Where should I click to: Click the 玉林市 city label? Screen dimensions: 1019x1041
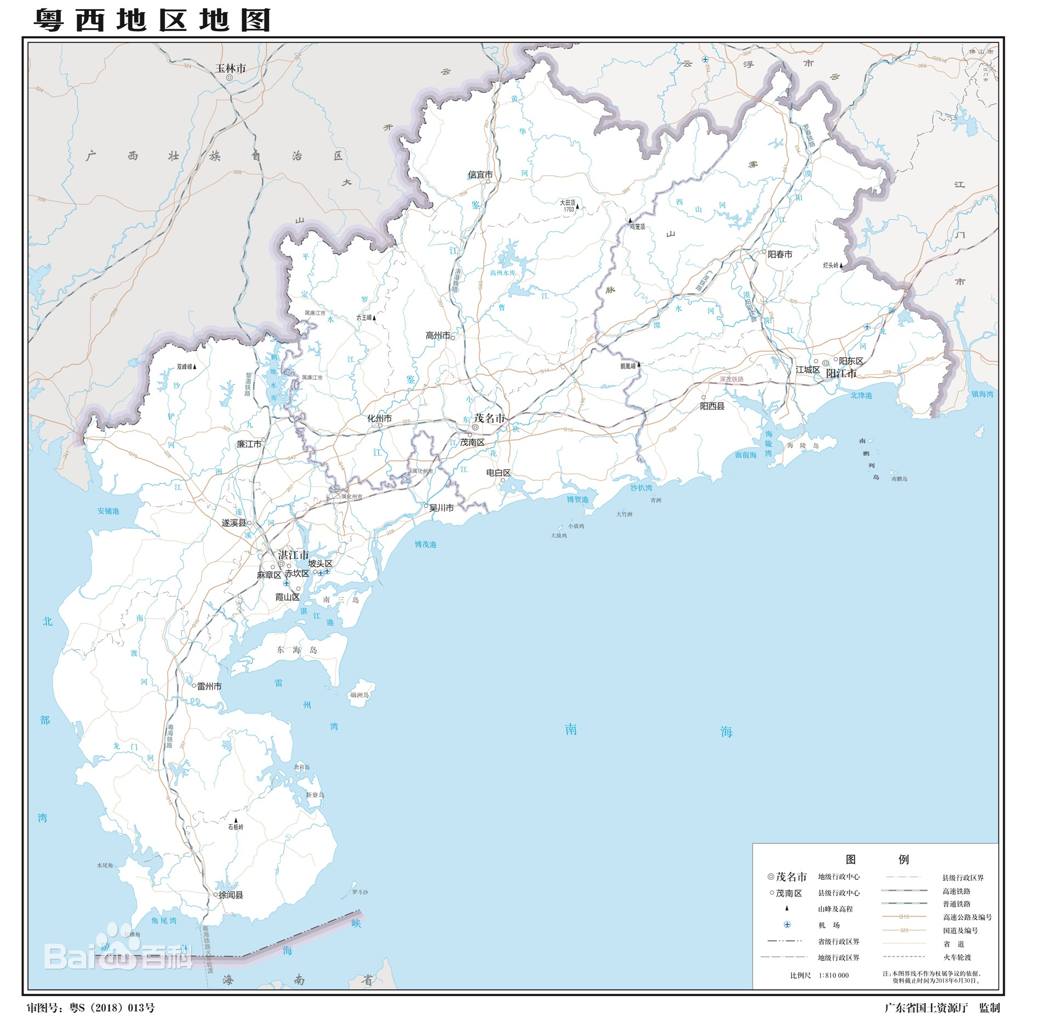(230, 68)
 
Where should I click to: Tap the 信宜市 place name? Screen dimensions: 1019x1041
(480, 175)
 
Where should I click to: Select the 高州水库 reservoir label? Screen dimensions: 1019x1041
(502, 273)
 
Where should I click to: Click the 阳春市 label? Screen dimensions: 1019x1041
(780, 254)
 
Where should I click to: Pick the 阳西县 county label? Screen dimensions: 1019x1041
(712, 406)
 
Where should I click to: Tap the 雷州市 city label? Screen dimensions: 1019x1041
(209, 686)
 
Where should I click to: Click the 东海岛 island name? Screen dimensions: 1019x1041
(297, 650)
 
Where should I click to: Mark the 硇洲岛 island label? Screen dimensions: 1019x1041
(359, 695)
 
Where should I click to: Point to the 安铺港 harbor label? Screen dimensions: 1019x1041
(108, 511)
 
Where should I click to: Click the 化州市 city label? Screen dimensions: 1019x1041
(380, 419)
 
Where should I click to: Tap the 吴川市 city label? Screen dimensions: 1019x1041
(441, 508)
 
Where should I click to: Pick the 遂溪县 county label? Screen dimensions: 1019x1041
(234, 523)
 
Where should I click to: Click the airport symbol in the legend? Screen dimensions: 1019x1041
(787, 925)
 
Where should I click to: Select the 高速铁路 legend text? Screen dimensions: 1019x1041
(956, 891)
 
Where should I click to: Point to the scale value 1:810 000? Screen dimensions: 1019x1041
(833, 975)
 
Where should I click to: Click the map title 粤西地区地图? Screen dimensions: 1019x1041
(153, 20)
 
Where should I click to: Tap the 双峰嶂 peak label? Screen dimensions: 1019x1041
(184, 367)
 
